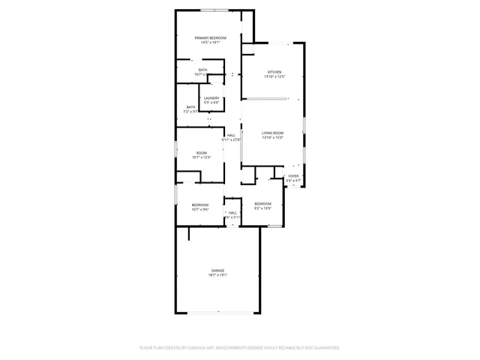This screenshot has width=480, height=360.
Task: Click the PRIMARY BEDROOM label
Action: click(x=210, y=37)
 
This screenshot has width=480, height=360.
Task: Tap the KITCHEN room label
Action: click(x=274, y=72)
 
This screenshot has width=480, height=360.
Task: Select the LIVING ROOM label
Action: click(x=272, y=133)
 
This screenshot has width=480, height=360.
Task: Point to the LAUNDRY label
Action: click(x=211, y=97)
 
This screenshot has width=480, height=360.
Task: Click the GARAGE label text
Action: click(x=217, y=270)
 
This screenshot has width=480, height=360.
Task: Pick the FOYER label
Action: click(x=293, y=176)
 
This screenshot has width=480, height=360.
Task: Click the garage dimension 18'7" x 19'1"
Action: click(x=217, y=275)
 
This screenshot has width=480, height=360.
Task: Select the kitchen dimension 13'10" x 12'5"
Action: click(x=274, y=77)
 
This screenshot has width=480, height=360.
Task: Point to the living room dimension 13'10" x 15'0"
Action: click(x=272, y=138)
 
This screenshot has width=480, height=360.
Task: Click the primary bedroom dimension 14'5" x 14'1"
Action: click(x=210, y=43)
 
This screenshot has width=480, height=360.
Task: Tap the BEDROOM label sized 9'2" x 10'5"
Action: click(x=262, y=204)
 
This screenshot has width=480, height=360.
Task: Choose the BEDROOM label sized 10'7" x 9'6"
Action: click(x=199, y=205)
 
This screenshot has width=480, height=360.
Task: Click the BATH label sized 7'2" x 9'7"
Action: click(x=191, y=107)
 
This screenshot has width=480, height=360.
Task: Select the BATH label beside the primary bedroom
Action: click(x=203, y=70)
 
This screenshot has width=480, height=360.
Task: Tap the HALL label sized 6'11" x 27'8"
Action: click(x=231, y=135)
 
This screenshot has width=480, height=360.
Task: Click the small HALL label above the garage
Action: click(x=232, y=213)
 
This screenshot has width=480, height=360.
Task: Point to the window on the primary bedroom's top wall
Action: click(x=211, y=10)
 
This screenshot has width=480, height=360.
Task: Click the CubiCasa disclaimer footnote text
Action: click(x=240, y=348)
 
